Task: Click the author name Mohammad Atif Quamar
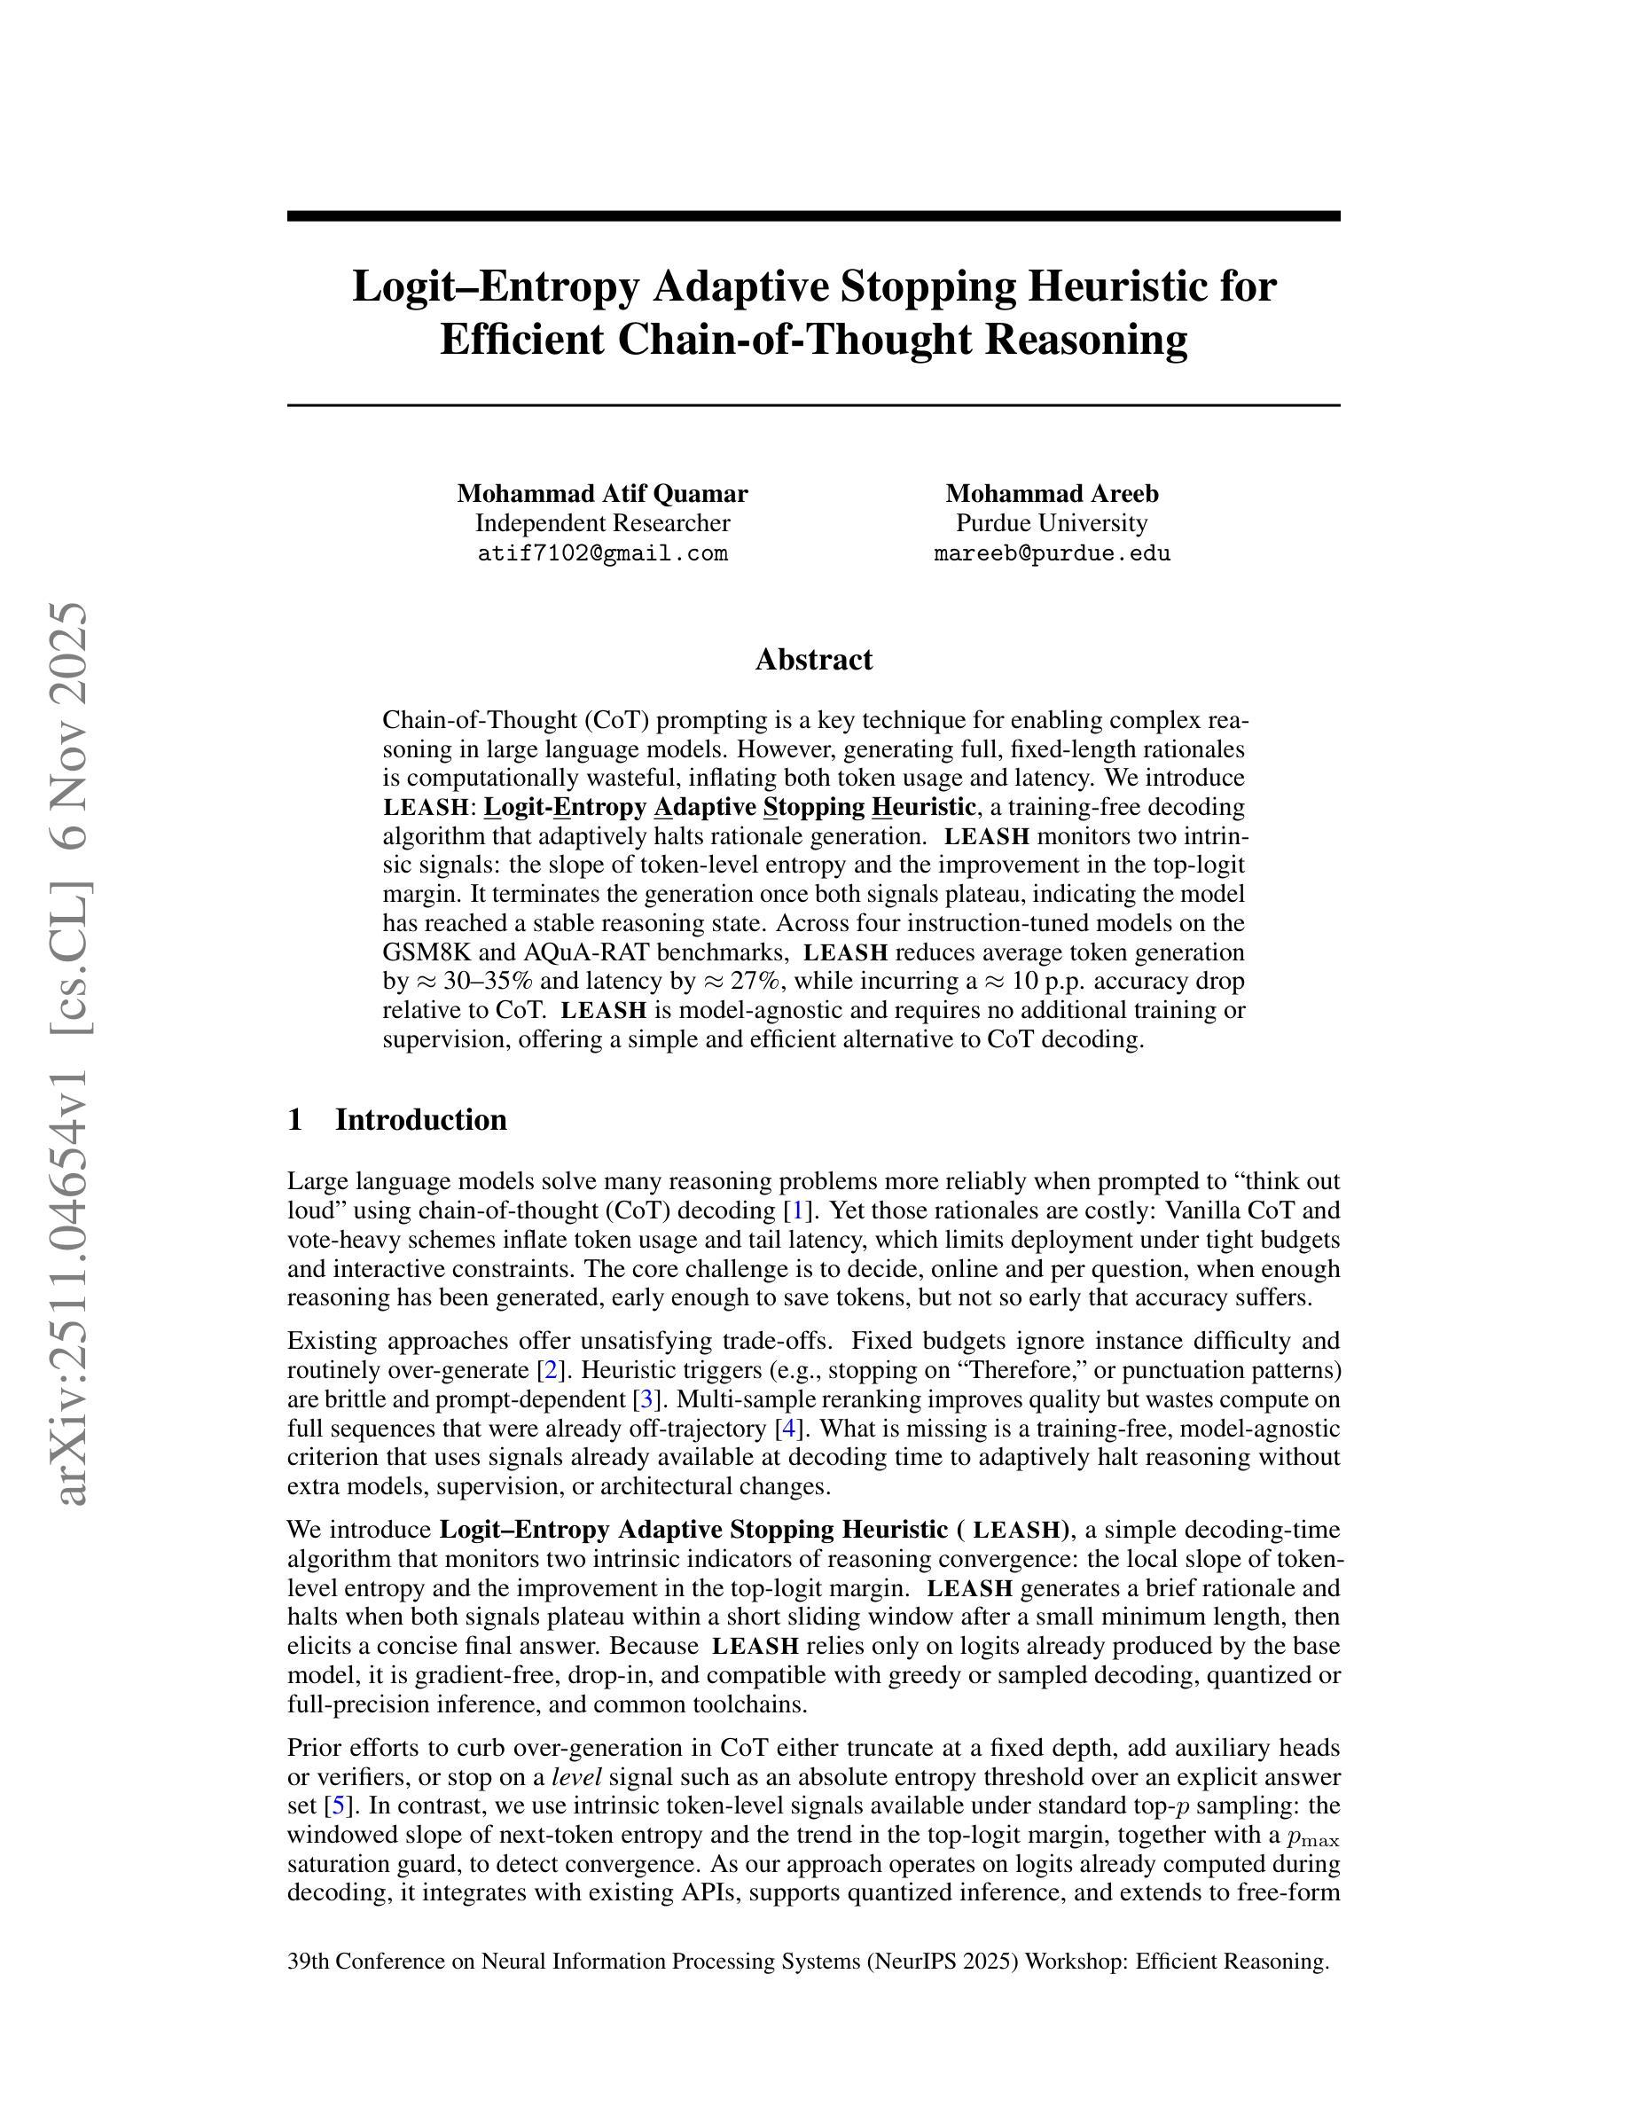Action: point(602,493)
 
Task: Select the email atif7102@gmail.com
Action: point(602,553)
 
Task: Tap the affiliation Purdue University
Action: point(1052,523)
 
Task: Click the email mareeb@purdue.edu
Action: point(1052,553)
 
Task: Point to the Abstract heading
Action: point(813,660)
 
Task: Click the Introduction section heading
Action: point(420,1119)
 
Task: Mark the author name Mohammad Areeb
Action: point(1052,493)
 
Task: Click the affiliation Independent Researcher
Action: point(602,523)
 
